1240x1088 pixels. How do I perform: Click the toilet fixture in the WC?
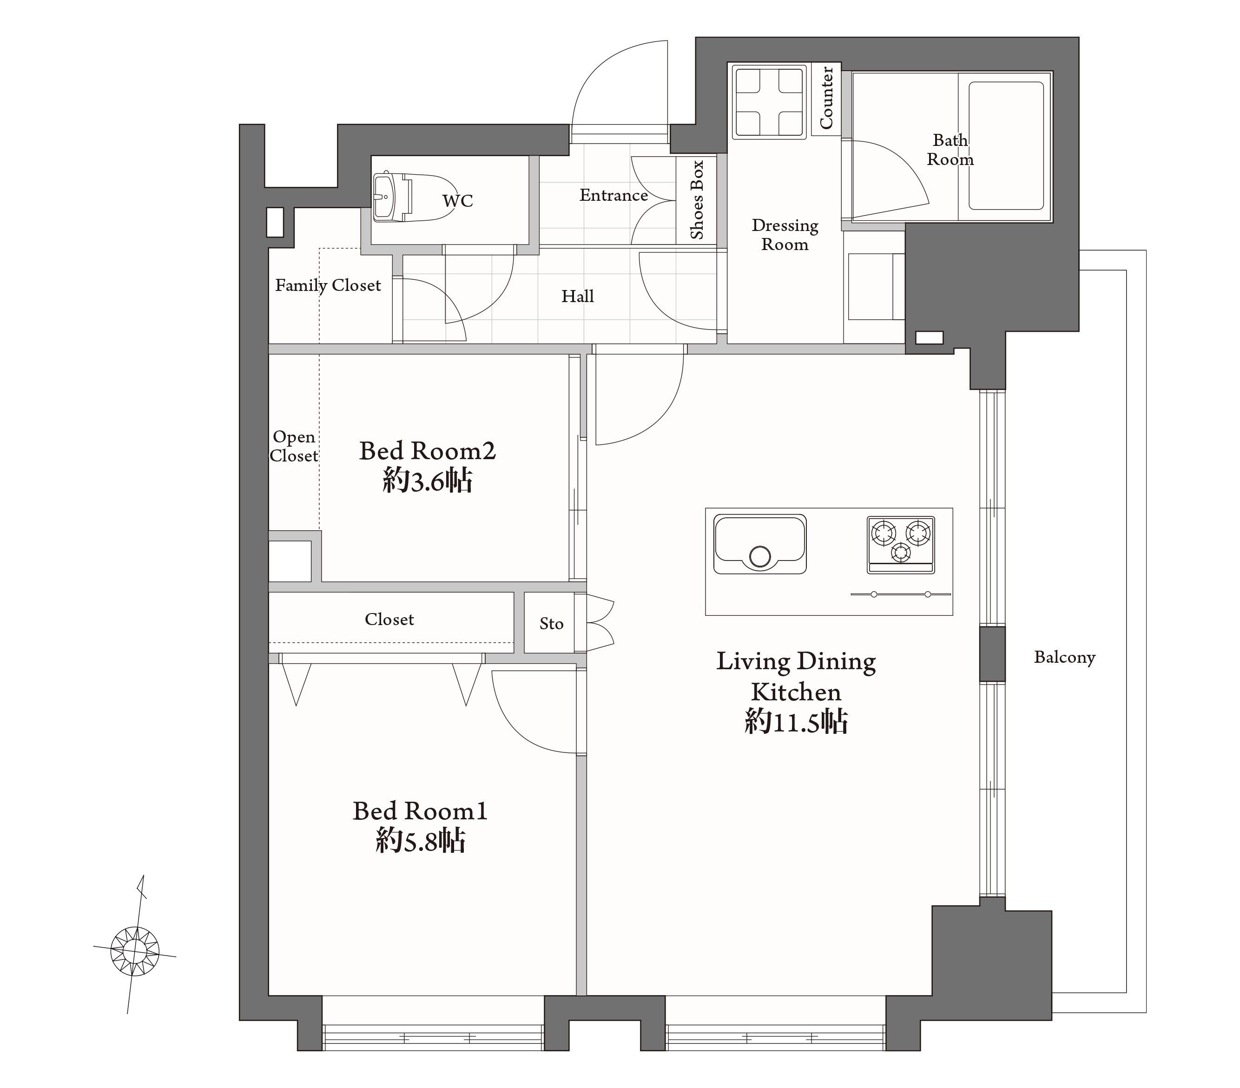[x=416, y=197]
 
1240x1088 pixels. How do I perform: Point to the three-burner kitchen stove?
[x=901, y=545]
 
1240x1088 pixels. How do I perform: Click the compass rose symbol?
[x=135, y=951]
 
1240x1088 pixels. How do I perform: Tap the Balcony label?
[x=1065, y=657]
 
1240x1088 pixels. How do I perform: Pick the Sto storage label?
[x=552, y=623]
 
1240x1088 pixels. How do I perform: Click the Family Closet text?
[x=328, y=285]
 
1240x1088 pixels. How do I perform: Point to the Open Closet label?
[x=294, y=446]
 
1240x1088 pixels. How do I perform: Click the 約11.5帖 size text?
[x=796, y=723]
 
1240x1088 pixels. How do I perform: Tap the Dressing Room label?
[x=785, y=235]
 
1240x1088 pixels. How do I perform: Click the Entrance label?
[x=613, y=195]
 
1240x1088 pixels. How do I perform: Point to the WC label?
[x=457, y=201]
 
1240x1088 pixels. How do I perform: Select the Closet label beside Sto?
[x=389, y=619]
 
